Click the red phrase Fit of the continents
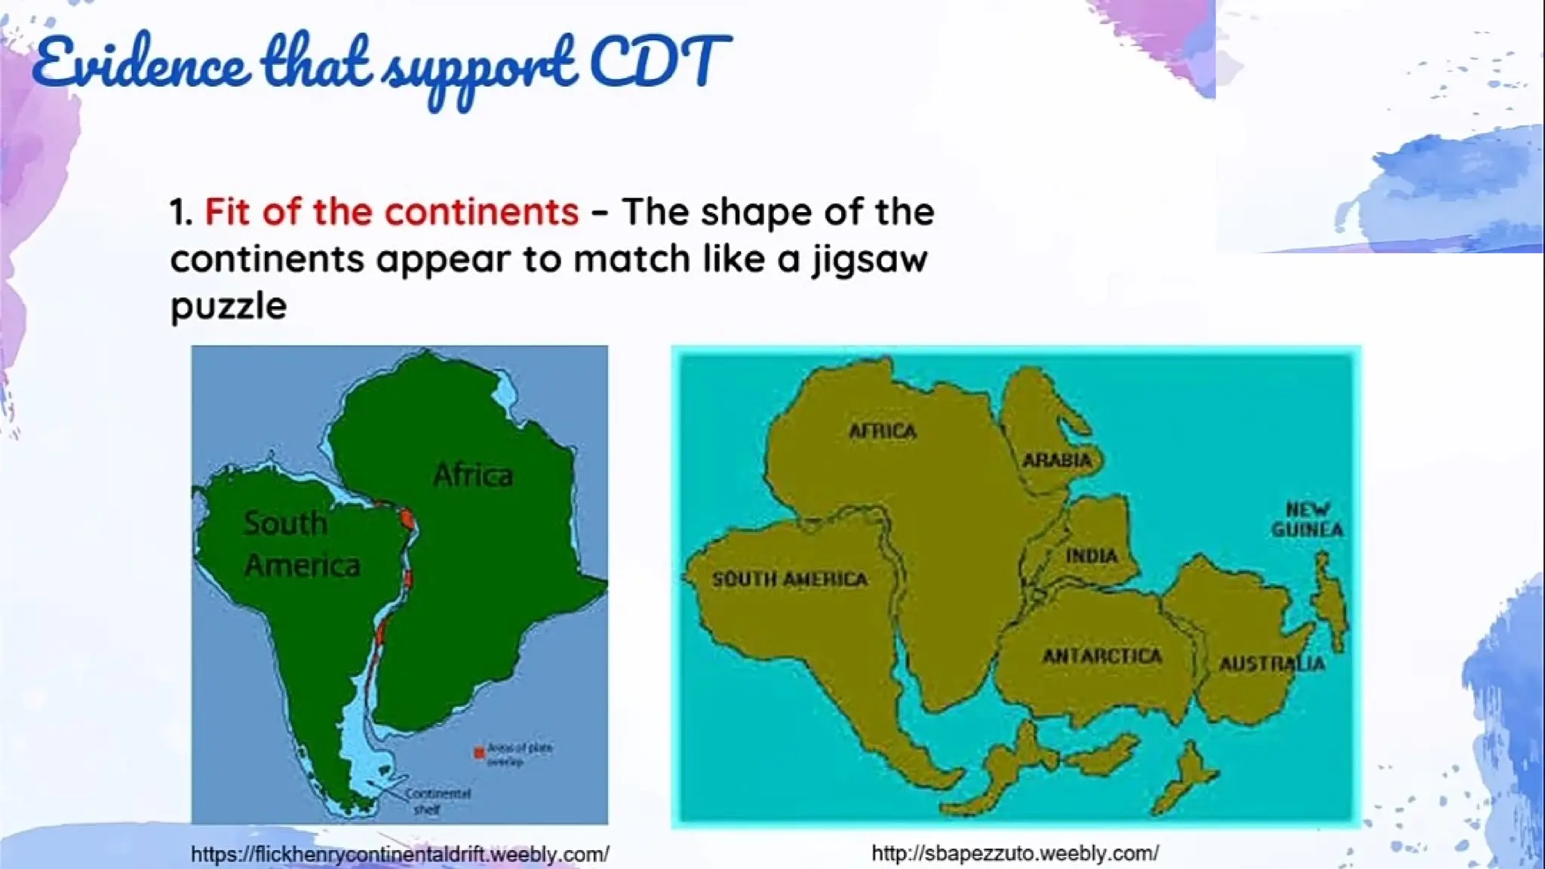tap(392, 212)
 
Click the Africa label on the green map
tap(473, 475)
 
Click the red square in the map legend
tap(478, 753)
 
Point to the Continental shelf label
tap(437, 801)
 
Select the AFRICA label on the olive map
tap(883, 431)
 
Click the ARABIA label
tap(1056, 460)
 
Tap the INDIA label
tap(1091, 556)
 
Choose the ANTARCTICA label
tap(1102, 656)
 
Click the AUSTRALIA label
tap(1272, 664)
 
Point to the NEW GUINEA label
tap(1307, 519)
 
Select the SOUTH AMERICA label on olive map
tap(789, 579)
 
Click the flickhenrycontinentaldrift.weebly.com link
tap(400, 855)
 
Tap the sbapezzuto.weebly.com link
tap(1015, 853)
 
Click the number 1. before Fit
tap(181, 213)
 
